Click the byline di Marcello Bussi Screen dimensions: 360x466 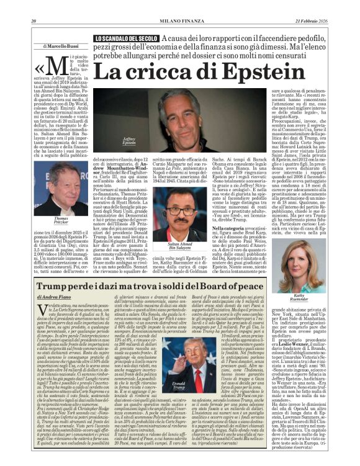(x=60, y=47)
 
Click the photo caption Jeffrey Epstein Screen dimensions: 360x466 (x=129, y=141)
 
